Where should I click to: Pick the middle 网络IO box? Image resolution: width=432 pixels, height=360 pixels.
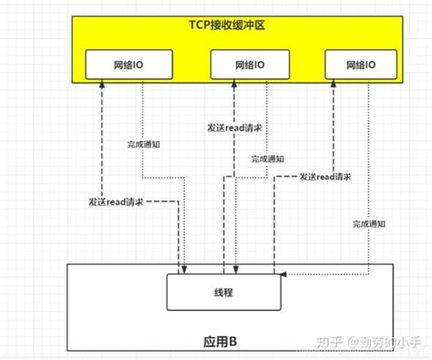click(x=249, y=65)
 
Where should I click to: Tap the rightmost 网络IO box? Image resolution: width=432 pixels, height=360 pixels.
click(x=363, y=65)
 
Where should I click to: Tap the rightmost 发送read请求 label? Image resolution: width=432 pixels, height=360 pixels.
click(x=325, y=176)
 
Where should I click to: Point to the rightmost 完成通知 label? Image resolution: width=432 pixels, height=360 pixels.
click(x=367, y=222)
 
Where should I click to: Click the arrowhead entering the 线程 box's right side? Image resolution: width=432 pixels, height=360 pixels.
click(x=285, y=273)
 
